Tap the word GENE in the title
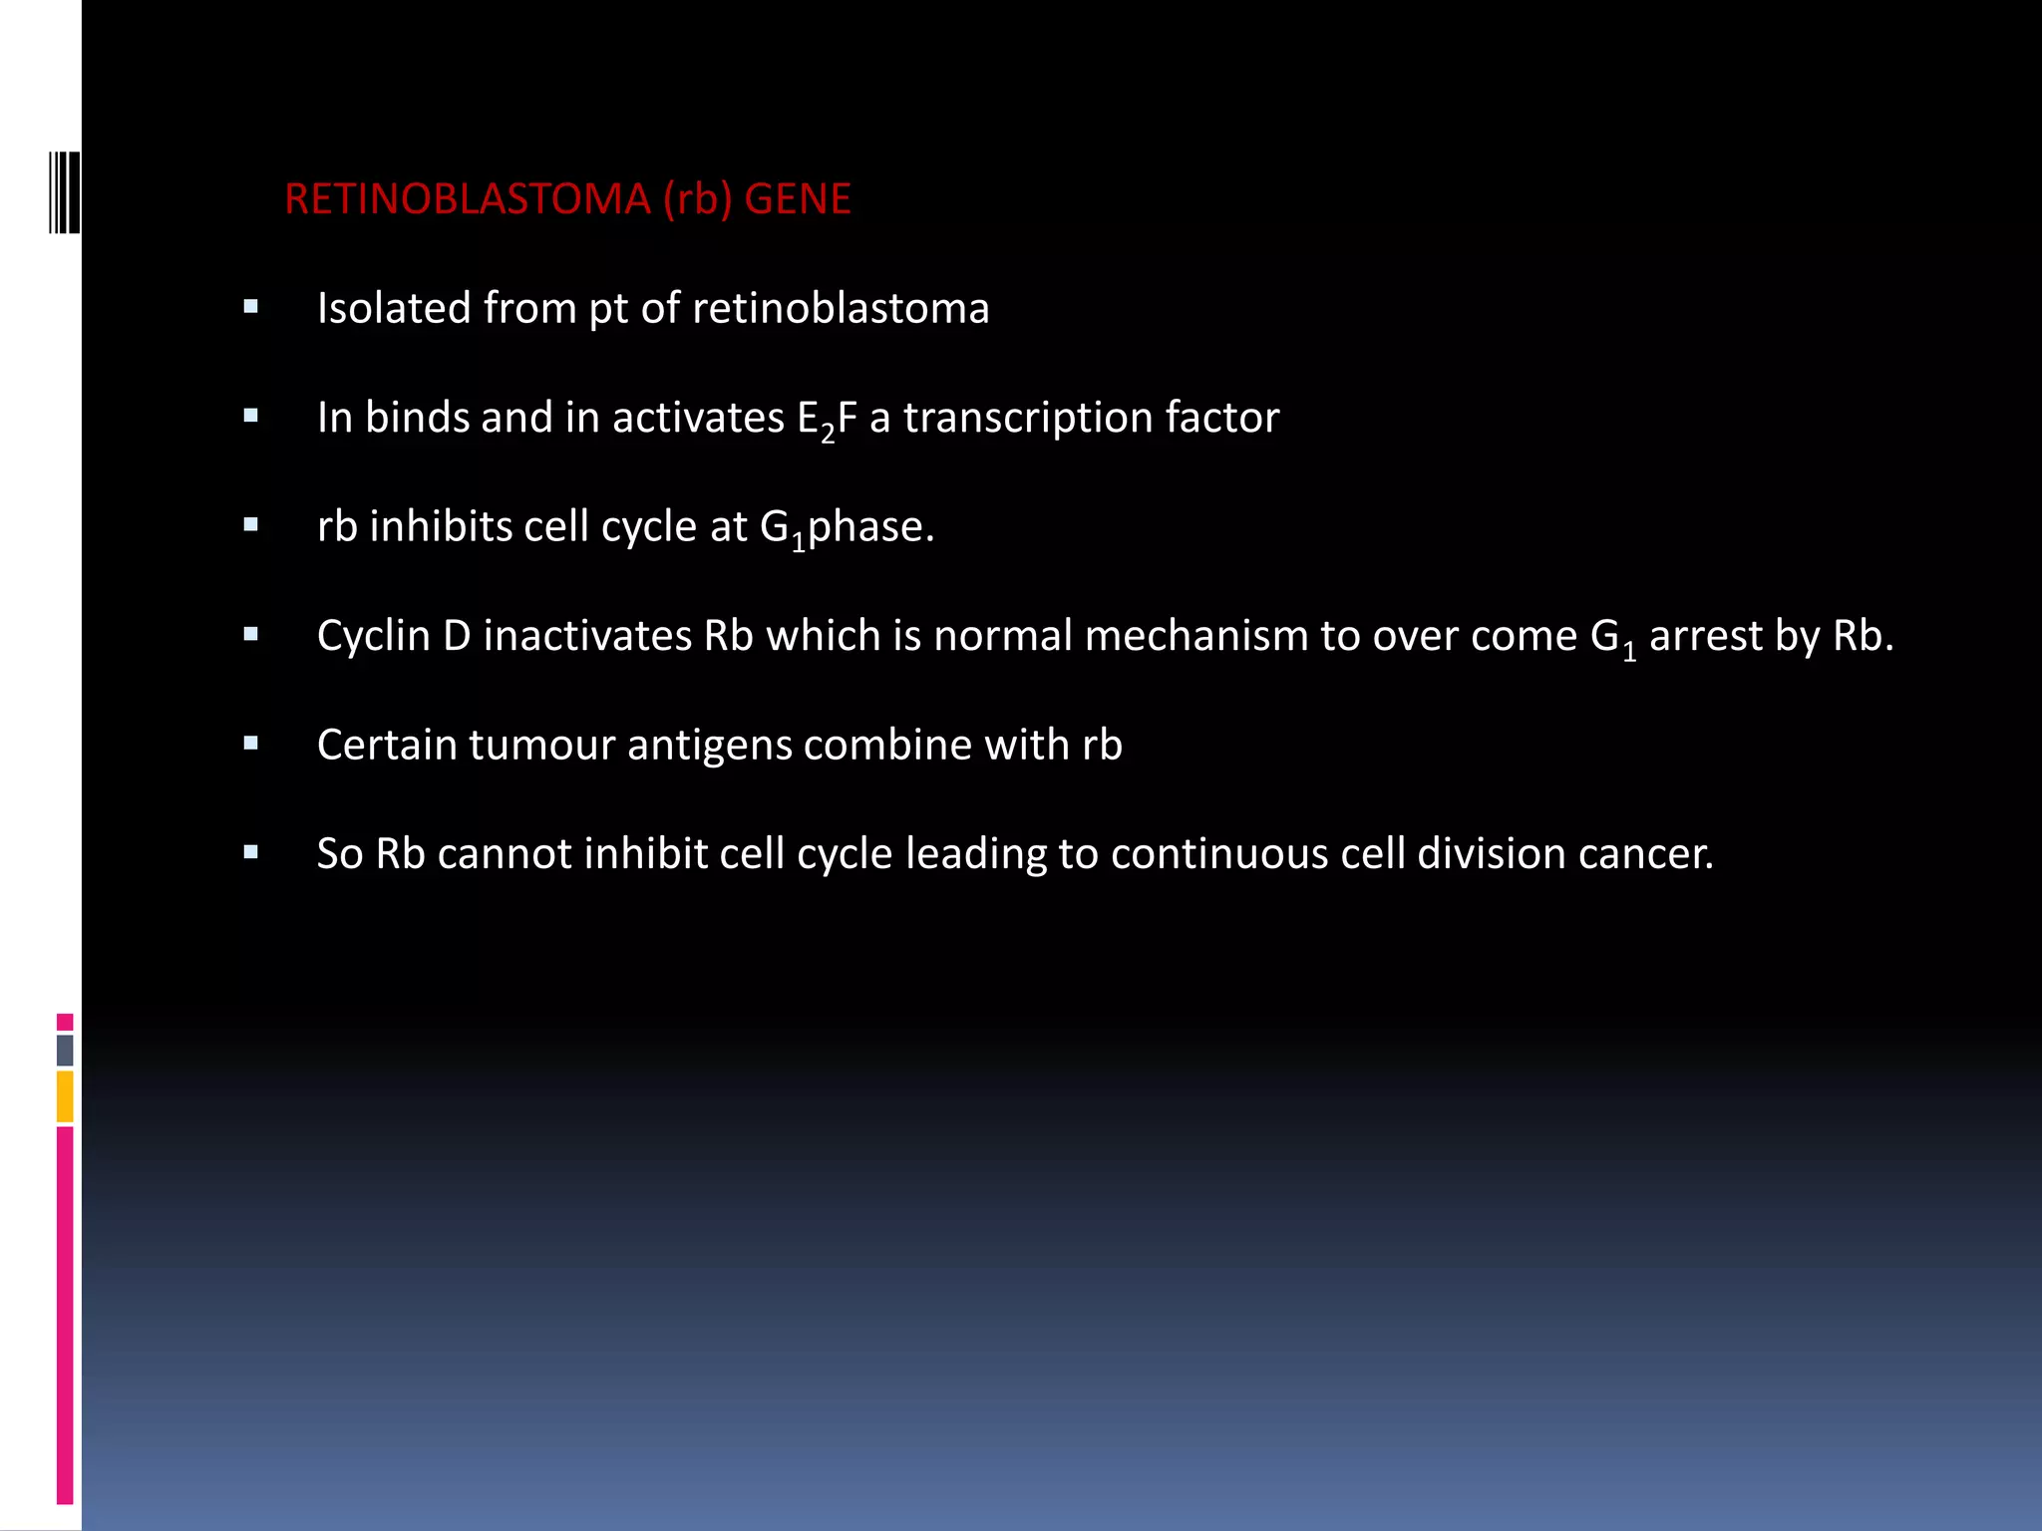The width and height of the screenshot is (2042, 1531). click(x=798, y=199)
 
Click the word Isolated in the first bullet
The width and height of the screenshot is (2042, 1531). click(x=394, y=308)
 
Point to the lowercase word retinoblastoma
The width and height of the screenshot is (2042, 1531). click(x=841, y=308)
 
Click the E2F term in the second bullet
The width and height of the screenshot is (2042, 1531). click(x=827, y=419)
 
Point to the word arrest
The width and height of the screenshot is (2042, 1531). click(x=1706, y=636)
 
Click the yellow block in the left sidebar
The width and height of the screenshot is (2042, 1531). click(x=65, y=1095)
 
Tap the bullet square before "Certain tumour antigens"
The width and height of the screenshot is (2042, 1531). click(x=250, y=743)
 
